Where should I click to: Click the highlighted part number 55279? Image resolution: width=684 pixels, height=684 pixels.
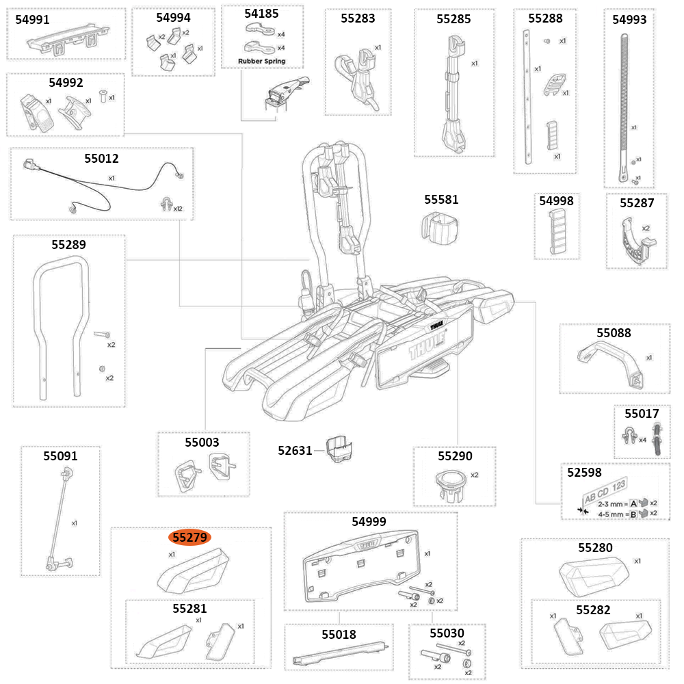(x=190, y=538)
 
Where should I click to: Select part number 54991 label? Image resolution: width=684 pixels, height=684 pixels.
(x=32, y=20)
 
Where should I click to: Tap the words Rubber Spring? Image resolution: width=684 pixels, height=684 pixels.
(x=262, y=61)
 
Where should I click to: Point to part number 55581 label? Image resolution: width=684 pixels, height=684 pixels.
(x=441, y=200)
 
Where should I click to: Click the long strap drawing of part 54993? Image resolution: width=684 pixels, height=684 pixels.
(x=625, y=103)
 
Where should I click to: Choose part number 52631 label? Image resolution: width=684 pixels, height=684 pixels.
(x=295, y=450)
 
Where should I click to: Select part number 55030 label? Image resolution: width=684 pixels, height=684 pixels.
(x=447, y=633)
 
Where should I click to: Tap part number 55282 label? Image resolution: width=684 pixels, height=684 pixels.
(x=593, y=609)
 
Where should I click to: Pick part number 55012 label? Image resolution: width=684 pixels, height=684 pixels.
(x=101, y=159)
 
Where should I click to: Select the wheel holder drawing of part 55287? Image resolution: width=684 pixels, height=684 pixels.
(x=635, y=243)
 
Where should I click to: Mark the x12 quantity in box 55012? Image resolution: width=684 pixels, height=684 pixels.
(x=178, y=209)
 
